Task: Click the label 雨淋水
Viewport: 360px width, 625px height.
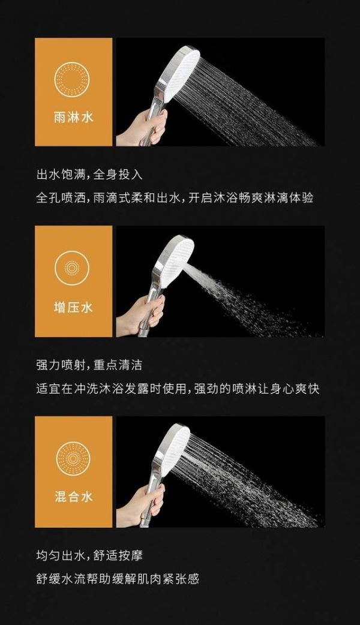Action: [x=73, y=118]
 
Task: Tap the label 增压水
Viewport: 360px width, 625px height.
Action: [x=73, y=307]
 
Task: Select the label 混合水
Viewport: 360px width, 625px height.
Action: [x=73, y=497]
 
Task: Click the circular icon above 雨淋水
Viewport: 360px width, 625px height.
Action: [x=72, y=79]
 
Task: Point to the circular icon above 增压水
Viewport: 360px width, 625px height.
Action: [x=72, y=267]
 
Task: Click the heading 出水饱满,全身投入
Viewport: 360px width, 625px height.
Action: [x=89, y=175]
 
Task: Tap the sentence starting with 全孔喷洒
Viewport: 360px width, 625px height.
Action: [x=175, y=198]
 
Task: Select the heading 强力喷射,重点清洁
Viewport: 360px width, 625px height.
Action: [x=89, y=365]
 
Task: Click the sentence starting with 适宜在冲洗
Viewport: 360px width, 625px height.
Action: [x=178, y=389]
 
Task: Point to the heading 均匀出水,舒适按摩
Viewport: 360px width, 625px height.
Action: [x=89, y=555]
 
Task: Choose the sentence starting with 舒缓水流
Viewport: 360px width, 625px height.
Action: [x=118, y=579]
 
